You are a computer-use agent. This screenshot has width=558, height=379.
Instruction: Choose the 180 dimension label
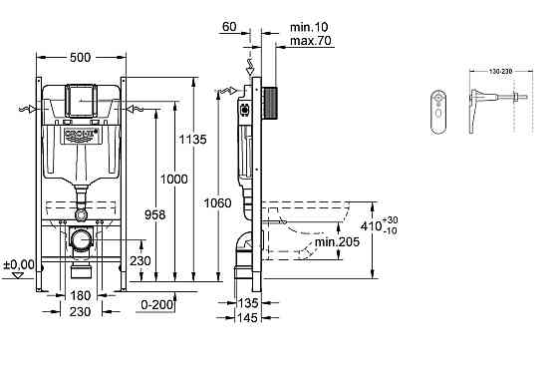[82, 296]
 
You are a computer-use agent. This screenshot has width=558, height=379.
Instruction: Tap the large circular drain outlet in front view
[83, 240]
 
